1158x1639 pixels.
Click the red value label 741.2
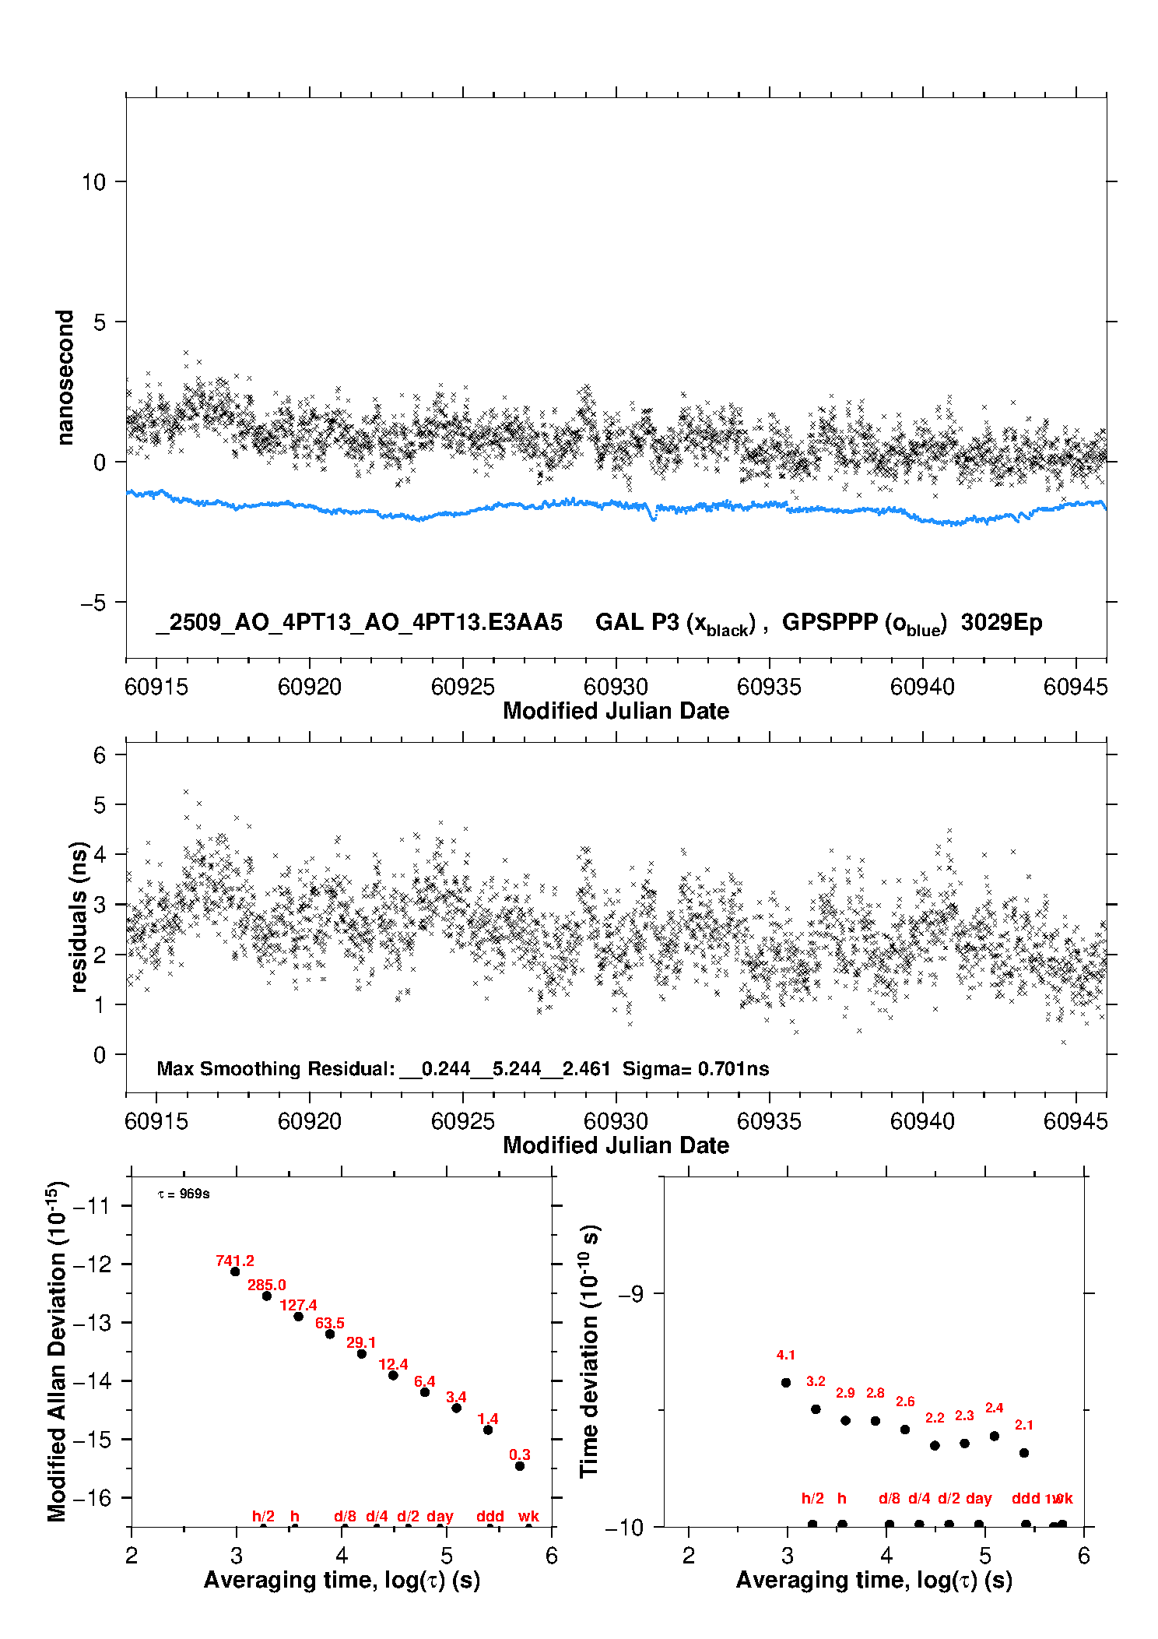tap(235, 1261)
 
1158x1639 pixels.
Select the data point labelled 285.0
tap(267, 1296)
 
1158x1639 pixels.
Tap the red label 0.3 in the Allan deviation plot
tap(520, 1454)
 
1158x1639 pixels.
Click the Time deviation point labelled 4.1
tap(786, 1382)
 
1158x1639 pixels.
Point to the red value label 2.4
tap(995, 1408)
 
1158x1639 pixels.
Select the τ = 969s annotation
tap(184, 1194)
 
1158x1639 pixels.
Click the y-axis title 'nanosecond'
tap(65, 378)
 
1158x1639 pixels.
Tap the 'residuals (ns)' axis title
tap(79, 916)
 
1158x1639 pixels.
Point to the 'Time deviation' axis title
tap(590, 1351)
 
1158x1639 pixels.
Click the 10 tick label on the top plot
tap(93, 182)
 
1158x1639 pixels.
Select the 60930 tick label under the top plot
tap(616, 687)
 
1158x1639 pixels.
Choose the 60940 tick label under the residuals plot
tap(922, 1121)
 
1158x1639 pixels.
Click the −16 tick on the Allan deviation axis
tap(92, 1498)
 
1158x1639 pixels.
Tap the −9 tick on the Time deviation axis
tap(630, 1293)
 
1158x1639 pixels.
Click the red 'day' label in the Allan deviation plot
tap(440, 1516)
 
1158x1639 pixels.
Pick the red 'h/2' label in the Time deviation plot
tap(812, 1498)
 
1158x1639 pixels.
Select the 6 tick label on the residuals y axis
tap(100, 754)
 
